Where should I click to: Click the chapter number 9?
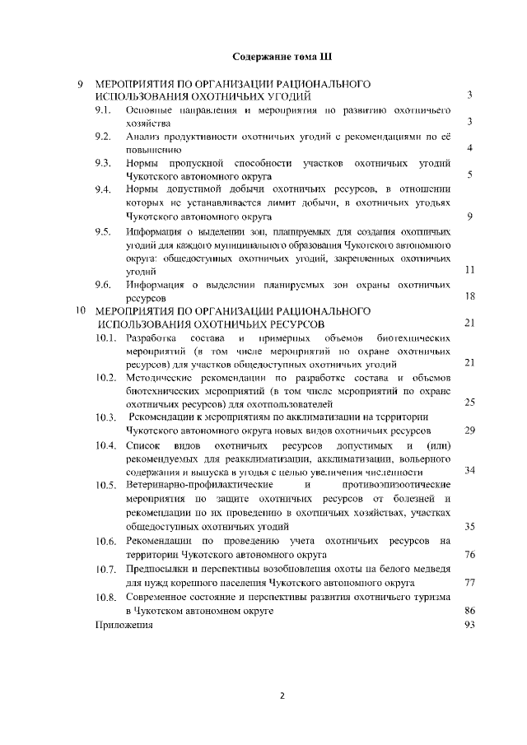point(80,84)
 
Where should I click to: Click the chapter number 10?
point(81,311)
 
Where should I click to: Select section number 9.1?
point(103,109)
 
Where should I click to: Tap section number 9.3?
point(103,163)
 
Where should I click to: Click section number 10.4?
point(105,446)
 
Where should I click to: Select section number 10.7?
point(105,570)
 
